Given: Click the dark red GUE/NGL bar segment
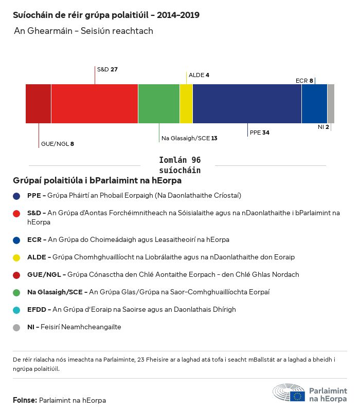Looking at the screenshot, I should point(38,104).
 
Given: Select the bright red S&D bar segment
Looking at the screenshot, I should point(95,104).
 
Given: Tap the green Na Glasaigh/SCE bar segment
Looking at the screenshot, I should point(159,104).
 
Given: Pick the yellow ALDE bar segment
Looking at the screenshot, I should point(186,104).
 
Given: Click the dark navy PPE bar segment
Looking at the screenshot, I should point(247,104).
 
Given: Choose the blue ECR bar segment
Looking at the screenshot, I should point(314,104).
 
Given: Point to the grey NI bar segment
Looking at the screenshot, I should point(331,104).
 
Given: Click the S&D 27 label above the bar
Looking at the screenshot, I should point(107,69).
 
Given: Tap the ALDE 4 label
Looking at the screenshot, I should point(199,75).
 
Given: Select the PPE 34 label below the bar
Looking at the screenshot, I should point(259,133).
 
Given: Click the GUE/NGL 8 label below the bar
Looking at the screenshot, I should point(58,144).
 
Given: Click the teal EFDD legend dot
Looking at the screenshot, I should point(17,310).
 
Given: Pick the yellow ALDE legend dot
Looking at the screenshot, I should point(17,257).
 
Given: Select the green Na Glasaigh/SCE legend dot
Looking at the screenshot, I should point(17,292).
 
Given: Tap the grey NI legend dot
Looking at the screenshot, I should point(17,327).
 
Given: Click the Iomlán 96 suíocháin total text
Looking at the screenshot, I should point(180,165).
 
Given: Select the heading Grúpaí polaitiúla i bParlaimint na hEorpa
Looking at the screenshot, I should point(97,181).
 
